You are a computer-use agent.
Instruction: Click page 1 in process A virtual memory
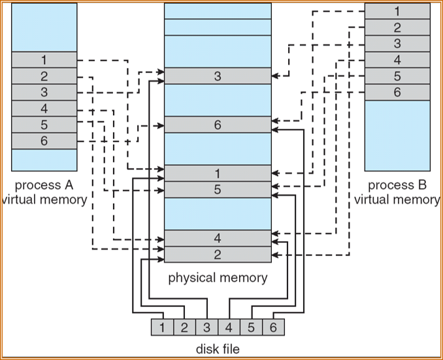tap(44, 60)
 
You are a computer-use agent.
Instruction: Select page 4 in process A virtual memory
tap(44, 108)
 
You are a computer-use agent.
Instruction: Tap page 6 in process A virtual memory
tap(44, 141)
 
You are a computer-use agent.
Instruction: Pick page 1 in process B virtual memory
tap(397, 11)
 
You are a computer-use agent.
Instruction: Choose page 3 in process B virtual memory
tap(397, 44)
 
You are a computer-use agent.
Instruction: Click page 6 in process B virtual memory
tap(397, 92)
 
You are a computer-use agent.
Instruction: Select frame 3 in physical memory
tap(218, 76)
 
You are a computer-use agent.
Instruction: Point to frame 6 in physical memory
tap(218, 125)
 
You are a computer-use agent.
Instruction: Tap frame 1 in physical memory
tap(218, 173)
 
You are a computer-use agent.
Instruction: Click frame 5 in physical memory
tap(218, 189)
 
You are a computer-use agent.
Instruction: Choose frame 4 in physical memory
tap(218, 238)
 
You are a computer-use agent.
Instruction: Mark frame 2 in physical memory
tap(218, 254)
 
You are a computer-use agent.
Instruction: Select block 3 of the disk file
tap(206, 327)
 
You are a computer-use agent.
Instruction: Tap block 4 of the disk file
tap(229, 327)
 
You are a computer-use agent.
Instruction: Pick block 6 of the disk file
tap(274, 327)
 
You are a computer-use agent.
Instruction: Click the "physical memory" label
tap(218, 278)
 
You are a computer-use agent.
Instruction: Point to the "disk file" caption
tap(218, 348)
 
